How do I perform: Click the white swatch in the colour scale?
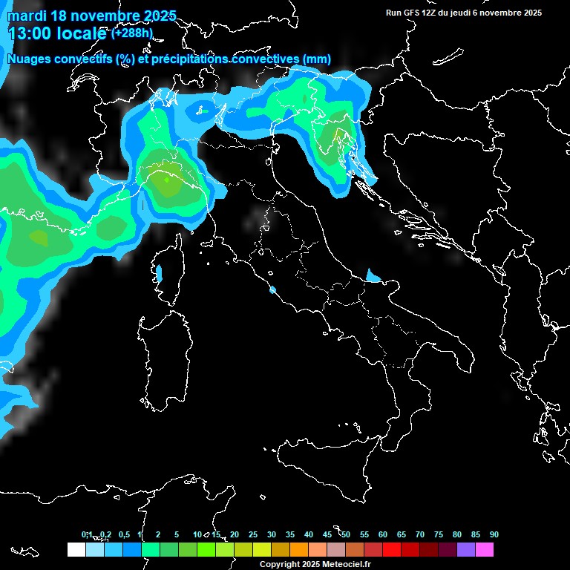[76, 549]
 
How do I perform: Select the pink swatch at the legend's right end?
[485, 549]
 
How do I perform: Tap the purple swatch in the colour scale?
[466, 549]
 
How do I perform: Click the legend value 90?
[494, 534]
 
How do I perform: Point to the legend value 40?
[309, 534]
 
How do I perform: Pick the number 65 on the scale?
[402, 534]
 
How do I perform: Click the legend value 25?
[253, 534]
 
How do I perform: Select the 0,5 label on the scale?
[123, 534]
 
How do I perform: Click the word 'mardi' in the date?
[27, 16]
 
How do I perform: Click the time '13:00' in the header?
[30, 33]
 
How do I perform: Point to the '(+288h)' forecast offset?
[134, 33]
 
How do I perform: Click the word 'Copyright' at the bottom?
[279, 565]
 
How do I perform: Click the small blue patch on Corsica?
[159, 273]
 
